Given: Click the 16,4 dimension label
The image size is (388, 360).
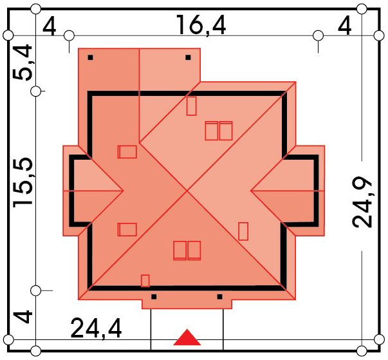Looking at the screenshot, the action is coord(201,24).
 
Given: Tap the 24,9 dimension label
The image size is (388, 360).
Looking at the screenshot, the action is coord(362,202).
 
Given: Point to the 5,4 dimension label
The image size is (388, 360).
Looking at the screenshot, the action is coord(23,62).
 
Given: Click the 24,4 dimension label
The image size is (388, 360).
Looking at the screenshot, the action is coord(96,328).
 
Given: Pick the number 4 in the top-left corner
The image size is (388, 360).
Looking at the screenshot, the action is coord(50,26).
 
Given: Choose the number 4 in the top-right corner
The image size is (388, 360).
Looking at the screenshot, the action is coord(345,26).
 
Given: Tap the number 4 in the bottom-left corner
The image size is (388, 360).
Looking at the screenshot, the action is coord(23,317).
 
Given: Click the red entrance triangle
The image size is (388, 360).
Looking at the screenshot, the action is coord(187,337).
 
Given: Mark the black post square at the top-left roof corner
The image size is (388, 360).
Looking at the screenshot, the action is coord(90,57).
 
